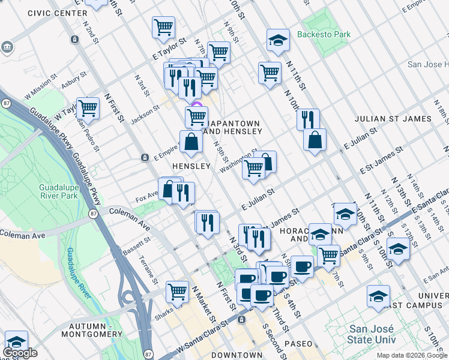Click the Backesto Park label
(x=325, y=35)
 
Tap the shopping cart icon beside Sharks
(x=178, y=292)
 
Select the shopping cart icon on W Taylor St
(x=88, y=108)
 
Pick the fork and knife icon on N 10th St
(x=308, y=118)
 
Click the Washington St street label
(x=238, y=161)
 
